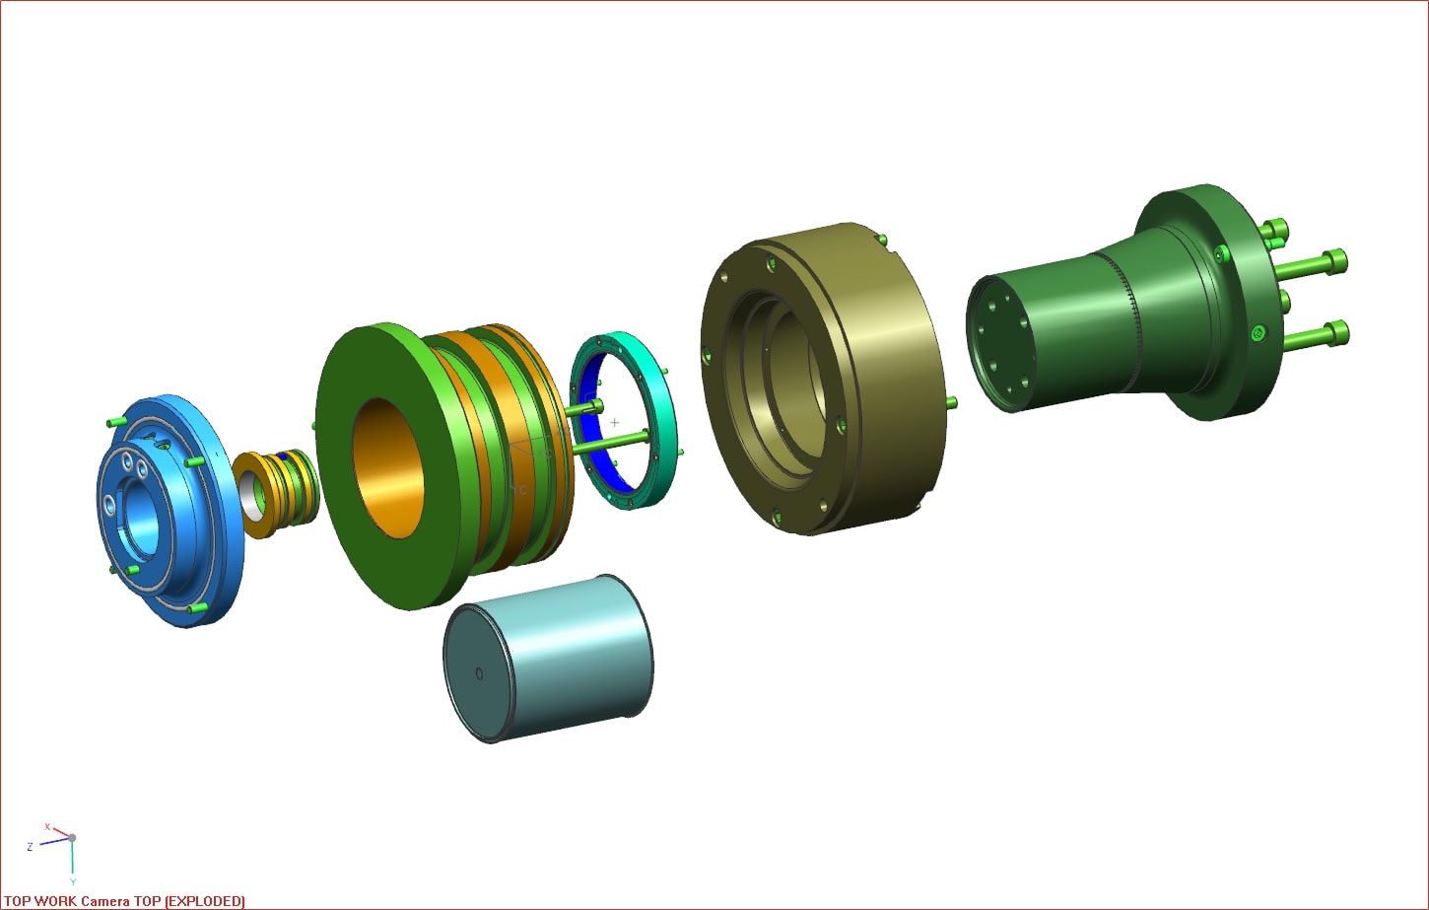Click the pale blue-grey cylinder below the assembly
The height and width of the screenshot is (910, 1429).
(549, 658)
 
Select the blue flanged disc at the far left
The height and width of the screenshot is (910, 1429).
(170, 511)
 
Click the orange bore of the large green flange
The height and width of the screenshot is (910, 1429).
(389, 467)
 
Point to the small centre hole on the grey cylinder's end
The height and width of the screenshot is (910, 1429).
(479, 674)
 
